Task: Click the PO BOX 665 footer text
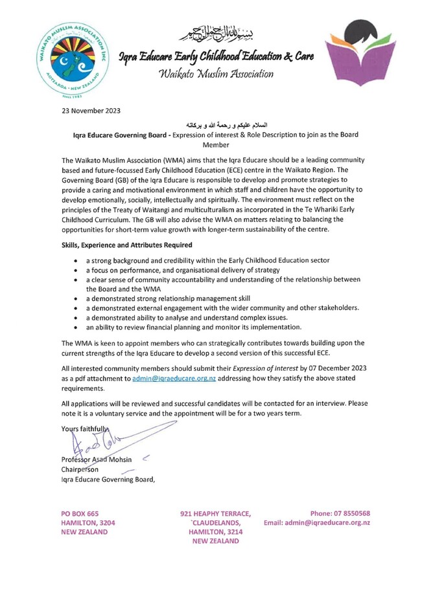pos(80,513)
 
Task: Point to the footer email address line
pos(317,522)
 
